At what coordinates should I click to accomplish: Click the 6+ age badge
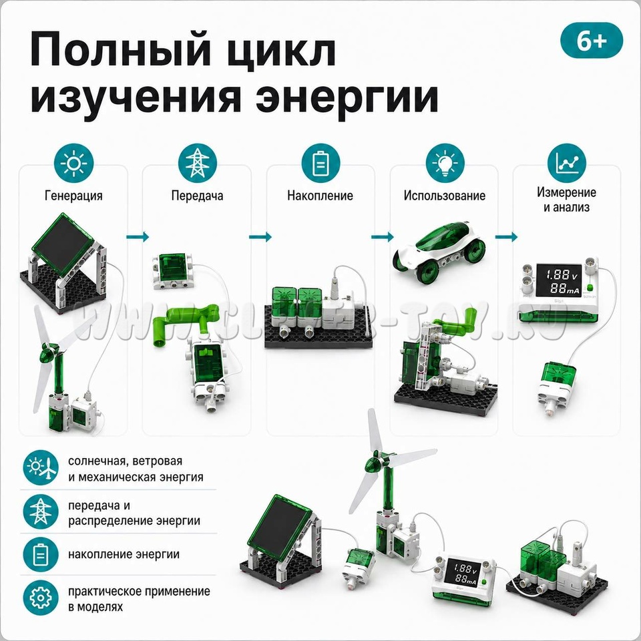coord(591,41)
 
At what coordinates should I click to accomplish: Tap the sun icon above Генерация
coord(73,163)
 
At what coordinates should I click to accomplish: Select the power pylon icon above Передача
coord(197,163)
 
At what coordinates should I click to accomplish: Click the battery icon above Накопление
coord(320,163)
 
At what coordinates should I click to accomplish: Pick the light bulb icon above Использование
coord(445,163)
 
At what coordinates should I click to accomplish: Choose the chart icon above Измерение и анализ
coord(567,163)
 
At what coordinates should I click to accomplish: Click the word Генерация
coord(73,196)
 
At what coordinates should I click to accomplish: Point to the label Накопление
coord(320,196)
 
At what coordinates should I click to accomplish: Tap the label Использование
coord(445,196)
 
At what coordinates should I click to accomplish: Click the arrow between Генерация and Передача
coord(138,236)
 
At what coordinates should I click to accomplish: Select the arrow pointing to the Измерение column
coord(506,236)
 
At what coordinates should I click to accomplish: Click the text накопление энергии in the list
coord(124,554)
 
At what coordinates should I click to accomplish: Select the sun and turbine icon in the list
coord(41,467)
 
